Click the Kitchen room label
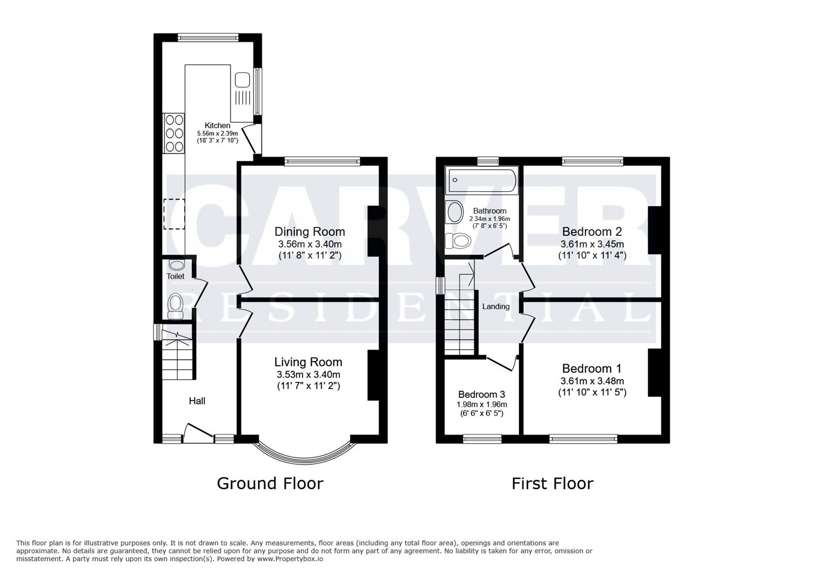pyautogui.click(x=217, y=126)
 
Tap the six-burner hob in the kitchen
pyautogui.click(x=174, y=133)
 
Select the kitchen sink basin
pyautogui.click(x=242, y=80)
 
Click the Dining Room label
pyautogui.click(x=309, y=232)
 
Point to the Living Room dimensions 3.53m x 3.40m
pyautogui.click(x=308, y=374)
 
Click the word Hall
pyautogui.click(x=197, y=401)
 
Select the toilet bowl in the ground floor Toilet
pyautogui.click(x=175, y=306)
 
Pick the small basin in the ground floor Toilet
pyautogui.click(x=176, y=265)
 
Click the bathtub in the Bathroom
pyautogui.click(x=482, y=180)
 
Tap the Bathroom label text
pyautogui.click(x=489, y=211)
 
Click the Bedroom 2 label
pyautogui.click(x=592, y=232)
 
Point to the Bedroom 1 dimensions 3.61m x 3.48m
pyautogui.click(x=592, y=381)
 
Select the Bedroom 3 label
pyautogui.click(x=481, y=395)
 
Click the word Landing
pyautogui.click(x=496, y=307)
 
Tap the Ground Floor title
pyautogui.click(x=270, y=483)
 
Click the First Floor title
pyautogui.click(x=552, y=483)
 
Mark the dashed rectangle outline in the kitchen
pyautogui.click(x=174, y=213)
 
